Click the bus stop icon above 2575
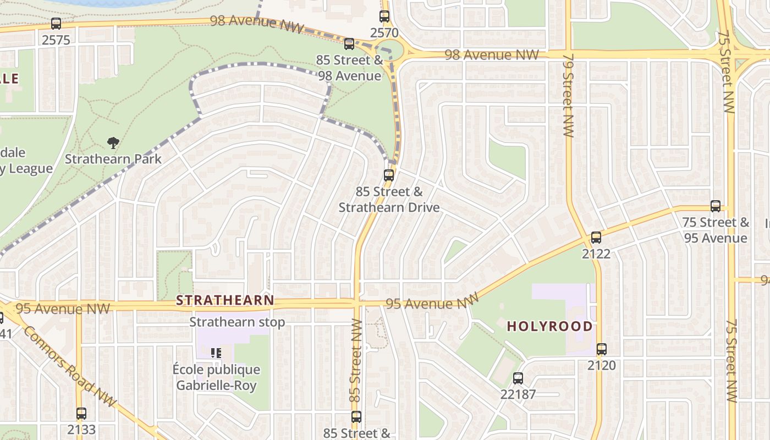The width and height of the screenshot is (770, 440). point(56,24)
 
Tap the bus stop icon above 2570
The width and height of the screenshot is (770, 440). point(384,16)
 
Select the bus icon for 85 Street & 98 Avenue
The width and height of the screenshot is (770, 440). point(349,44)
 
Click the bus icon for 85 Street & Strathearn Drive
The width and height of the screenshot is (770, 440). point(389,175)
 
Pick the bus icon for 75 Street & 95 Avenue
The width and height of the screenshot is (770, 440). point(716,206)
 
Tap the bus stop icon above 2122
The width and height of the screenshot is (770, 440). point(596,238)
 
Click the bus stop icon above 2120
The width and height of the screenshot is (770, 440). point(602,349)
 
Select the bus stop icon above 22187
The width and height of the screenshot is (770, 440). point(518,378)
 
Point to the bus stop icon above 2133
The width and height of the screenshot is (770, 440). point(81,414)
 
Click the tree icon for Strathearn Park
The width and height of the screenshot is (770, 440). point(113,143)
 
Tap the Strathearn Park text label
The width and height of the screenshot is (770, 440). point(113,159)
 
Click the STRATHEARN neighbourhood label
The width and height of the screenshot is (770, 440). point(225,300)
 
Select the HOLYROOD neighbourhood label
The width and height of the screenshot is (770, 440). point(549,326)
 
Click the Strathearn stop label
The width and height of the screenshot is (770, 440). point(237,322)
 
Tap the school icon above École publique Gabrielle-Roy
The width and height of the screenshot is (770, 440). point(216,353)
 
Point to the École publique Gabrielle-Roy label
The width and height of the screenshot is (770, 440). point(216,377)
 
